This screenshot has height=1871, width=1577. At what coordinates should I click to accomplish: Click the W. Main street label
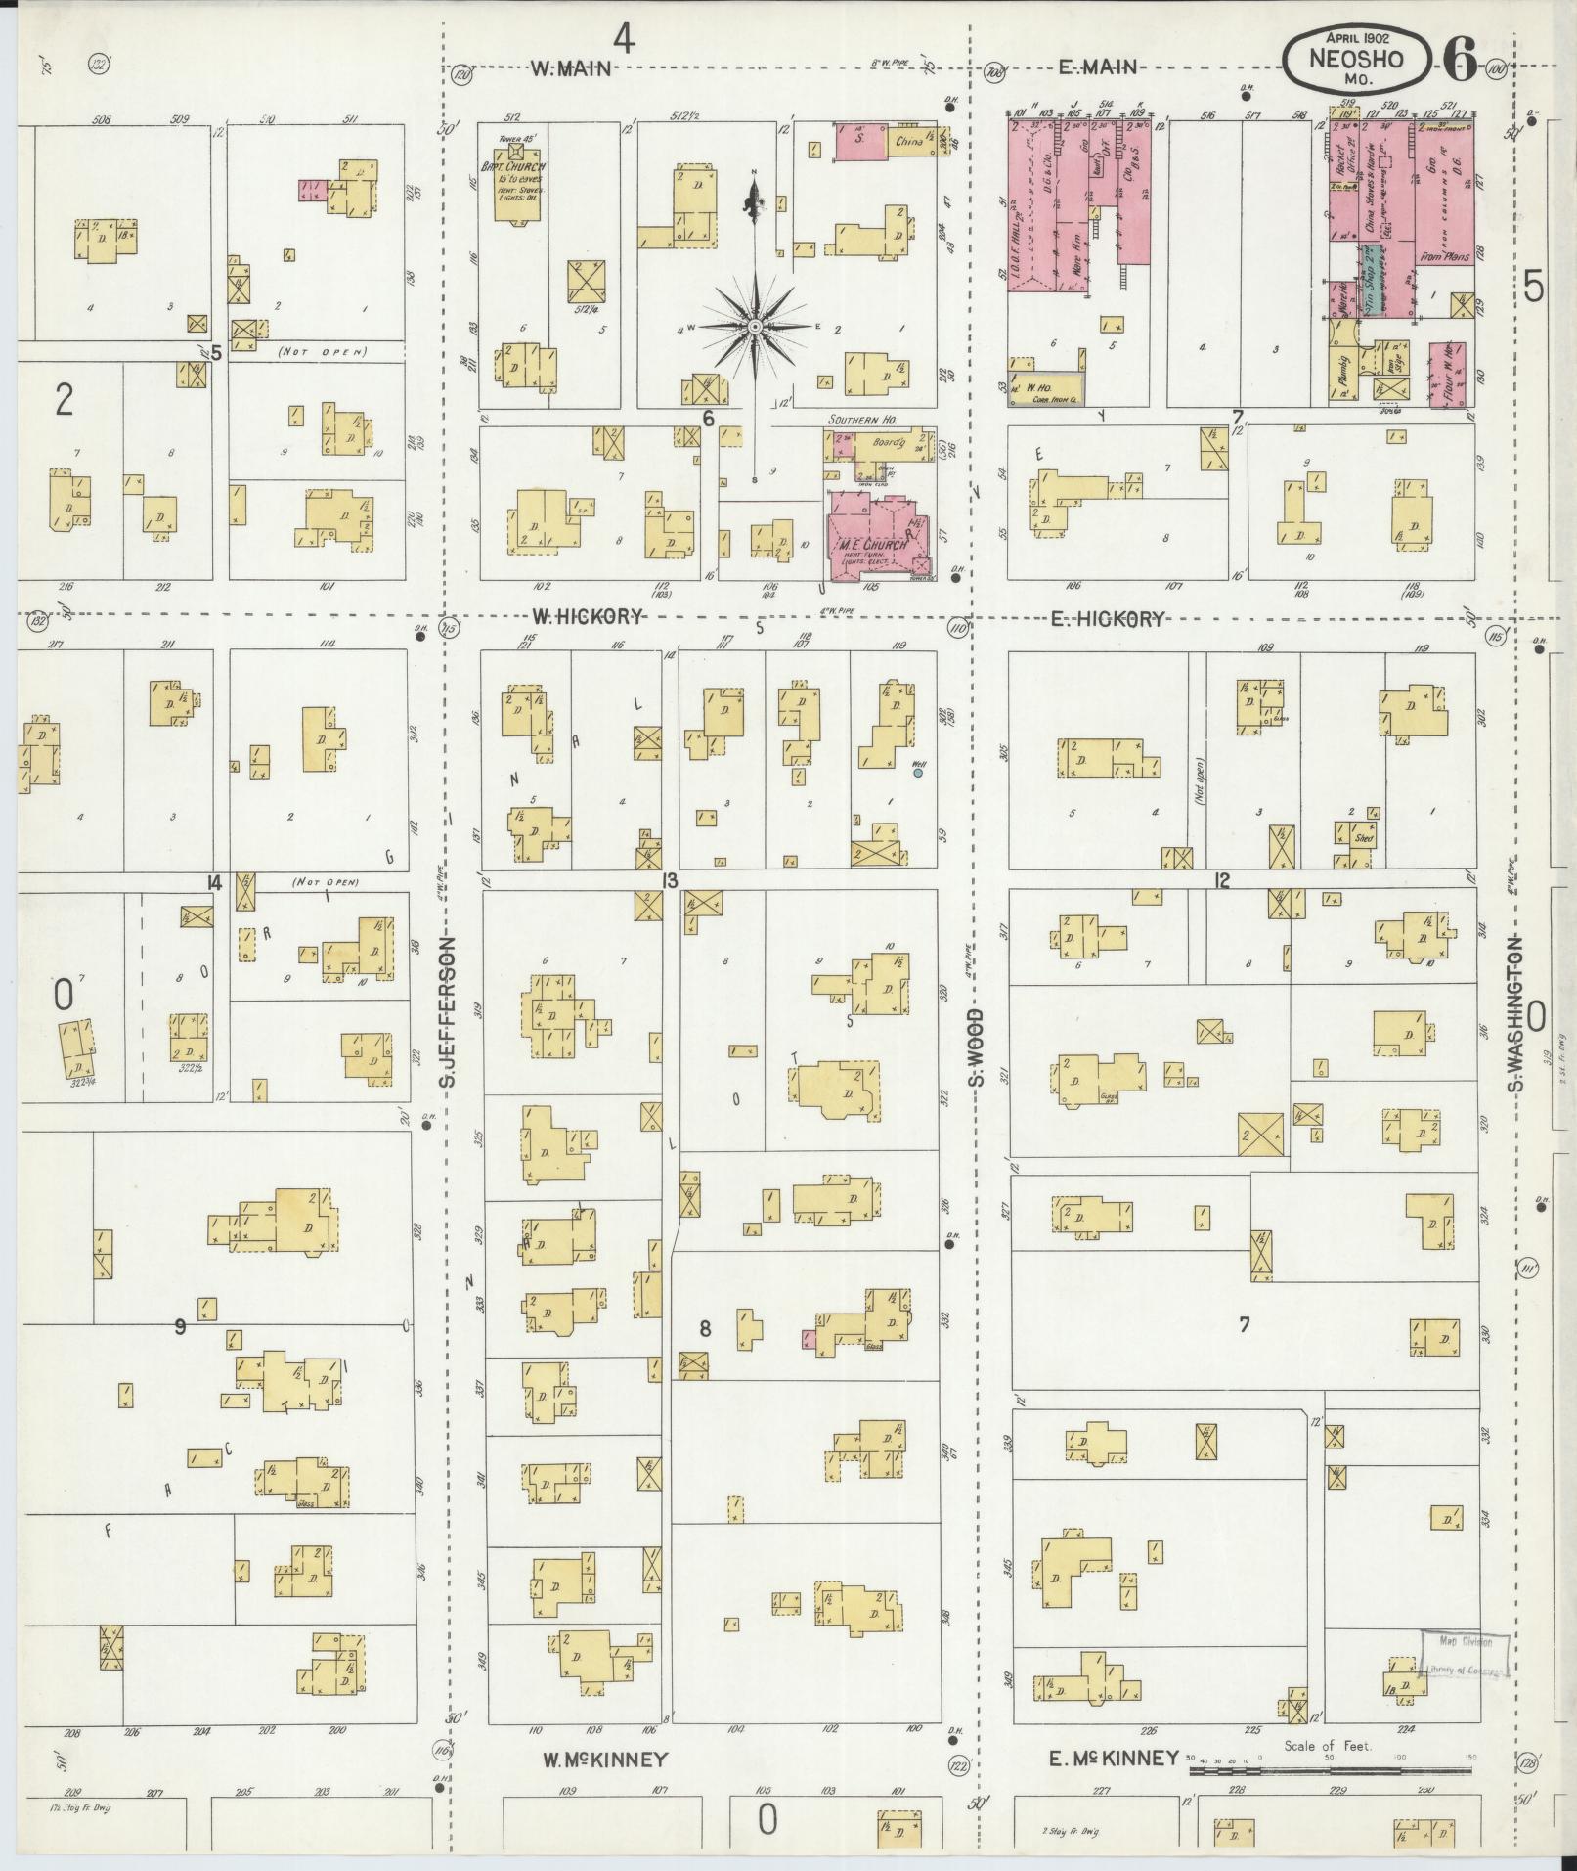[x=571, y=68]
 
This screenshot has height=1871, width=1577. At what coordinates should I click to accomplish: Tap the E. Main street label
[x=1099, y=67]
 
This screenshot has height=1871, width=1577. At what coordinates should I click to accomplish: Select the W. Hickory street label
[x=587, y=617]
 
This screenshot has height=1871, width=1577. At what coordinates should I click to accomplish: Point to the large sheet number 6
[x=1460, y=62]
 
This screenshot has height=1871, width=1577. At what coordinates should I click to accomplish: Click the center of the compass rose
[x=755, y=325]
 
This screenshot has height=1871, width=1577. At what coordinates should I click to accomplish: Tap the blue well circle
[x=918, y=773]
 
